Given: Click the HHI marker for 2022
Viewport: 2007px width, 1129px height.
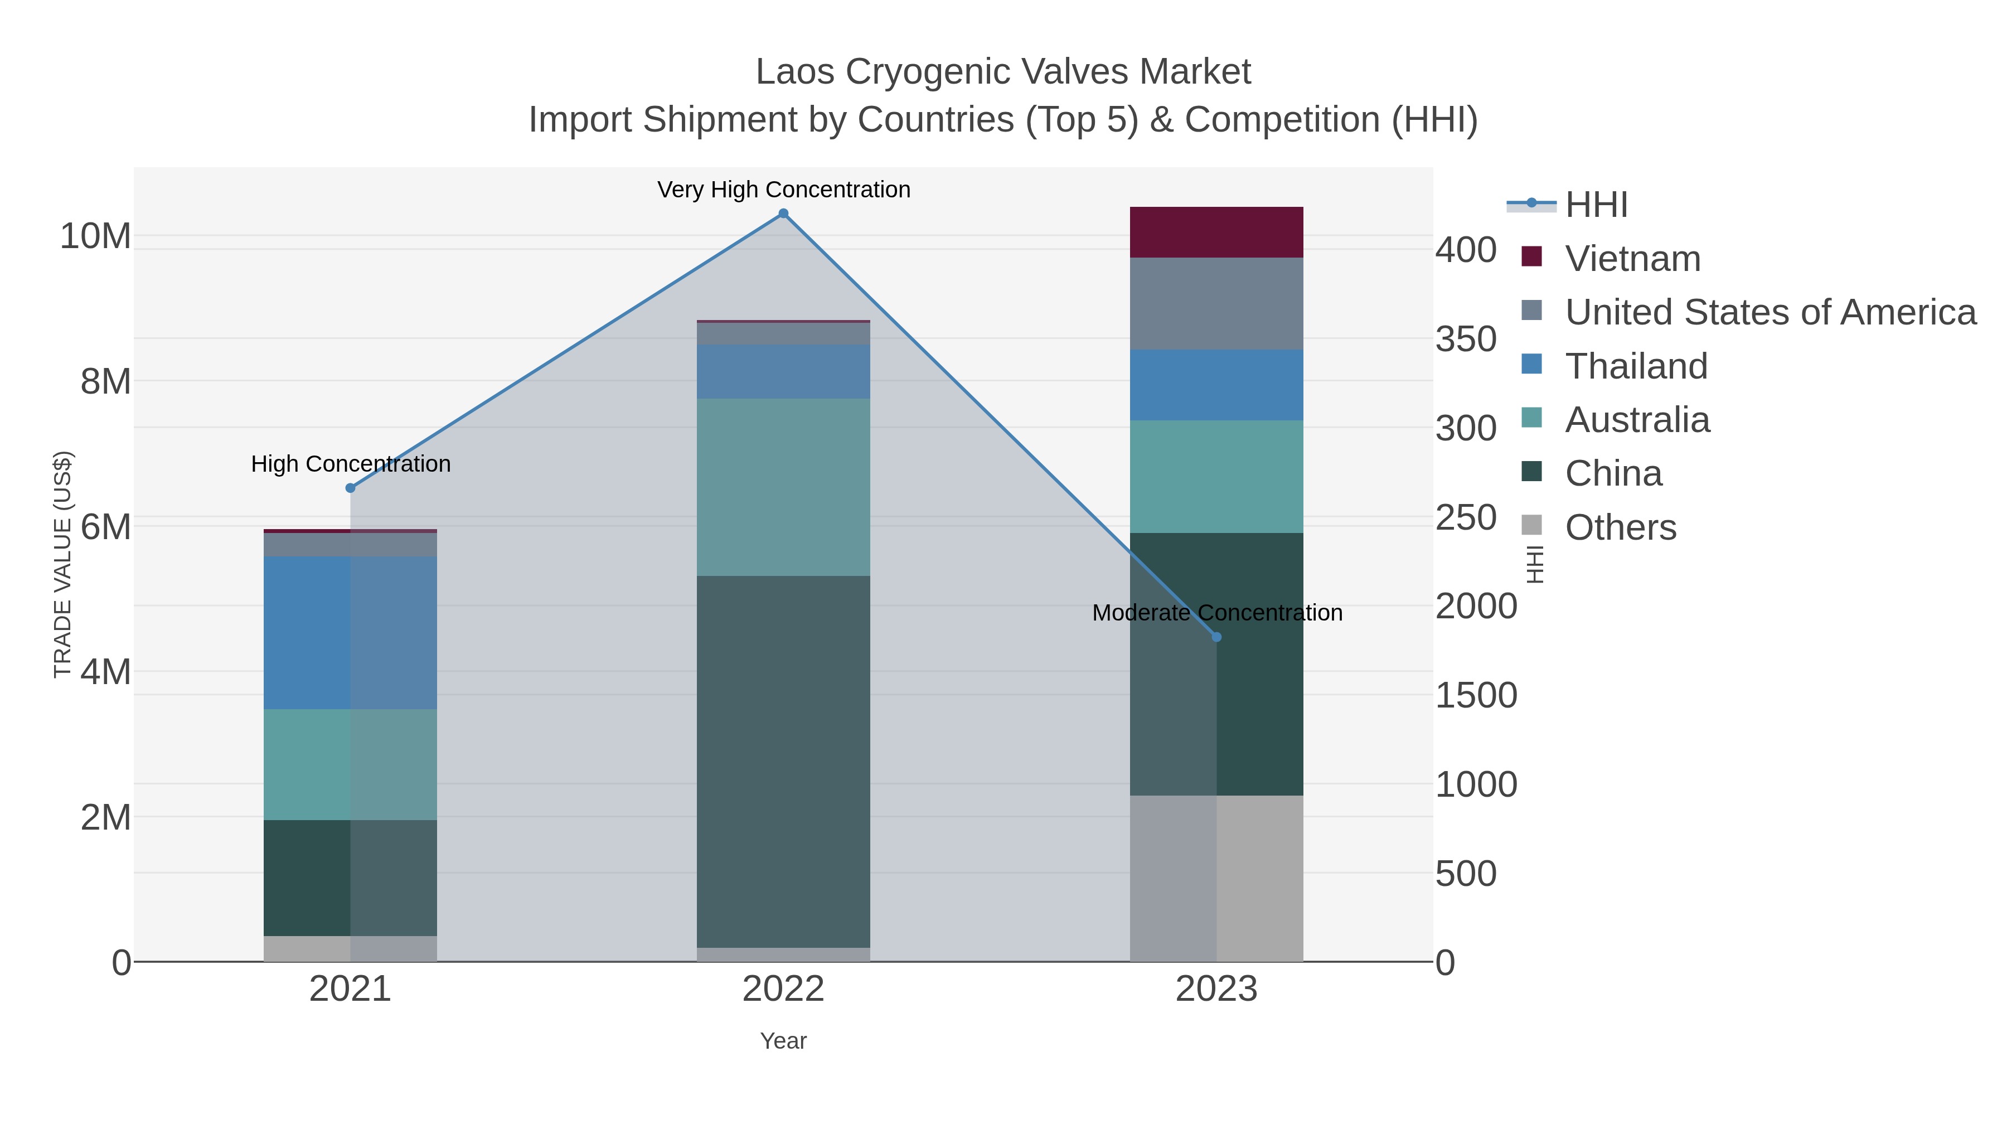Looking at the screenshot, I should tap(783, 214).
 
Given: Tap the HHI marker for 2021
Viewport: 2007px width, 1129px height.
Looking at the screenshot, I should tap(350, 488).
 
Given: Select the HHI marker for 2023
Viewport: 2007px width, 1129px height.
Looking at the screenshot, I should tap(1216, 637).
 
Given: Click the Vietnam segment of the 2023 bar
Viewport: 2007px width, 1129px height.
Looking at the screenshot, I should tap(1216, 232).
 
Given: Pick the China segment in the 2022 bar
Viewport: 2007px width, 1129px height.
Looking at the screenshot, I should tap(783, 761).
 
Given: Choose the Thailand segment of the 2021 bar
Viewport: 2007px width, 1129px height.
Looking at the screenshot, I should tap(350, 633).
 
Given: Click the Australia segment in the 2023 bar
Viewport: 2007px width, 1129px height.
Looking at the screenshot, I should tap(1216, 476).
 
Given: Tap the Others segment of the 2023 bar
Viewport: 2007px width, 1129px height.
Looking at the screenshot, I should tap(1216, 878).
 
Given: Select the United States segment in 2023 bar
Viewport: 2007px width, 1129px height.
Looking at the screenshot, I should tap(1216, 303).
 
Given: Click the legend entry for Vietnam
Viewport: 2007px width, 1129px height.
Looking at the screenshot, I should tap(1632, 259).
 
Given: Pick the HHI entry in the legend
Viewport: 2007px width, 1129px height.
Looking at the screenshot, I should tap(1596, 205).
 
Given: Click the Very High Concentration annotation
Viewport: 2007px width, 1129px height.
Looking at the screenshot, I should tap(783, 190).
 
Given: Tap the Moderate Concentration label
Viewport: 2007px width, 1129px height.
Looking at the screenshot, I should tap(1216, 612).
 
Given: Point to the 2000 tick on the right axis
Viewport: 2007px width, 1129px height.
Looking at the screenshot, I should tap(1476, 606).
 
